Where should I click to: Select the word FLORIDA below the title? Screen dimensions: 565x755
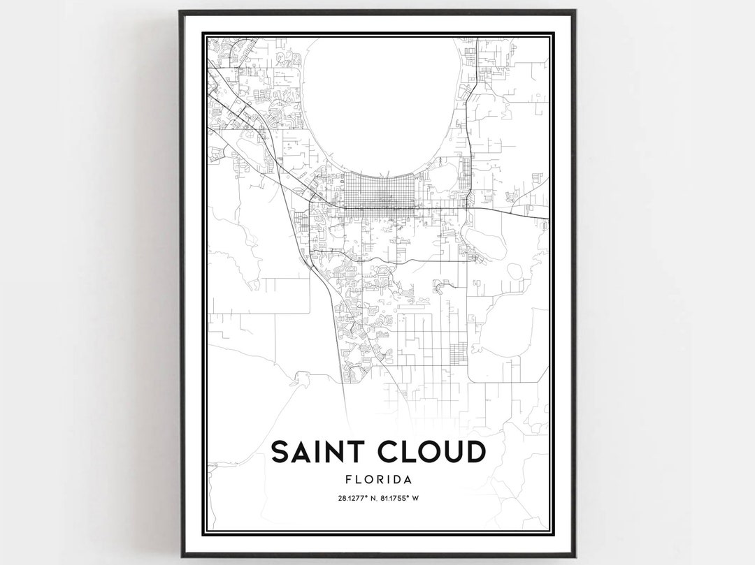[377, 480]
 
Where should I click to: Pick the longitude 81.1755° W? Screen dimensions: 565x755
[403, 498]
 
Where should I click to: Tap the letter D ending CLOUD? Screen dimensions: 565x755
[474, 452]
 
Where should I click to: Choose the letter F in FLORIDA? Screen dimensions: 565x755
[349, 480]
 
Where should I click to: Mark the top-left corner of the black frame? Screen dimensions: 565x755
[181, 12]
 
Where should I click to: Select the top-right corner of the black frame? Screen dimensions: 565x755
[575, 12]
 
